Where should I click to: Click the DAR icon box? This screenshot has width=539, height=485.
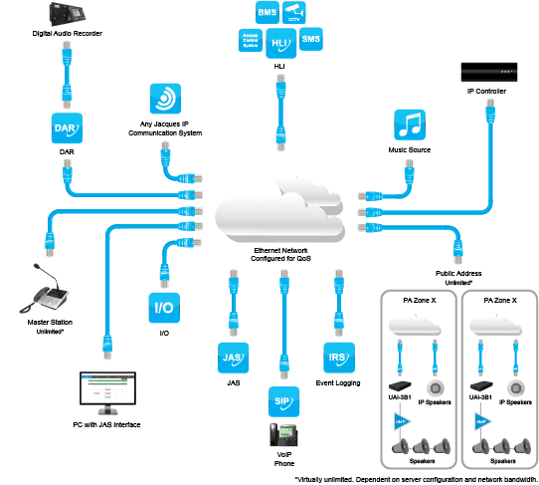tap(67, 129)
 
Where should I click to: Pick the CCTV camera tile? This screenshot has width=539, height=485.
tap(292, 14)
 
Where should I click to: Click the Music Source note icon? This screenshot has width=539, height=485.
tap(409, 124)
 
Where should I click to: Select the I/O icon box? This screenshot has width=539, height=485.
tap(163, 307)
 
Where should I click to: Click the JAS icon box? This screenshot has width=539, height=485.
tap(231, 355)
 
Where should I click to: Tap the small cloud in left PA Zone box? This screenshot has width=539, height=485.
tap(419, 324)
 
